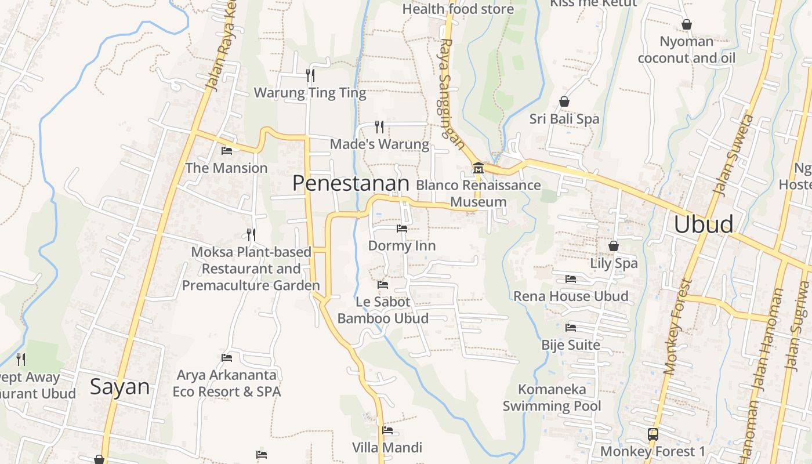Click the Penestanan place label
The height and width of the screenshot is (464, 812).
pyautogui.click(x=351, y=183)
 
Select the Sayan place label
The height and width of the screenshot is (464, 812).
pyautogui.click(x=119, y=387)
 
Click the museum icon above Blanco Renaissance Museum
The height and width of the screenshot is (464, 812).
pyautogui.click(x=478, y=168)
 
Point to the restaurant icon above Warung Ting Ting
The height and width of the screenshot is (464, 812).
pyautogui.click(x=310, y=75)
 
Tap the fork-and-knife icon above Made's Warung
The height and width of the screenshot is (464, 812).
pyautogui.click(x=379, y=126)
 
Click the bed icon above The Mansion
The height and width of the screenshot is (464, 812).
pyautogui.click(x=227, y=151)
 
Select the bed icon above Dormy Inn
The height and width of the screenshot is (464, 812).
pyautogui.click(x=401, y=229)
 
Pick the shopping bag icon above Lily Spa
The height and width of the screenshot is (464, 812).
pyautogui.click(x=614, y=246)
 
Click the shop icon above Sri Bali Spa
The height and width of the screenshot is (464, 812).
pyautogui.click(x=564, y=102)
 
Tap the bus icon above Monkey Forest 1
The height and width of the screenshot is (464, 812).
pyautogui.click(x=652, y=434)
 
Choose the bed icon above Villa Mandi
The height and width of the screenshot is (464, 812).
pyautogui.click(x=387, y=430)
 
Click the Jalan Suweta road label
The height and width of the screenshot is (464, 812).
pyautogui.click(x=734, y=154)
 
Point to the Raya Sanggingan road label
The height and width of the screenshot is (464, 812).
pyautogui.click(x=451, y=93)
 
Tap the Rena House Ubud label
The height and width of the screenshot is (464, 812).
pyautogui.click(x=571, y=296)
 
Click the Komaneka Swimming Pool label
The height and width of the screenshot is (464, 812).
pyautogui.click(x=552, y=397)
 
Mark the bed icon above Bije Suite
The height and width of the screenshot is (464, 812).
pyautogui.click(x=571, y=328)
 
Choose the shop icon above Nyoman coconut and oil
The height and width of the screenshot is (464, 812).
pyautogui.click(x=687, y=24)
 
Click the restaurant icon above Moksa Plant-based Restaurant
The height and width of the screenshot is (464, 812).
pyautogui.click(x=251, y=234)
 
